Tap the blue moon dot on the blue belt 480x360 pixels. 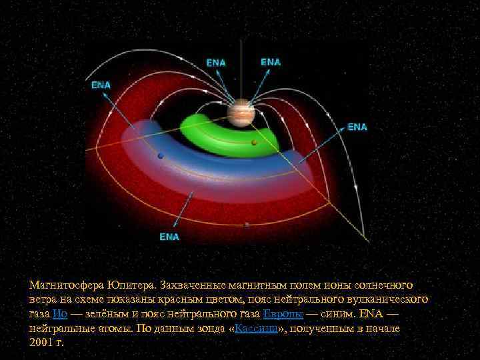tap(160, 156)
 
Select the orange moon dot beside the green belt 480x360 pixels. tap(254, 143)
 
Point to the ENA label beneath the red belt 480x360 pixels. tap(169, 236)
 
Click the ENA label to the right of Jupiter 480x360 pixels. tap(357, 127)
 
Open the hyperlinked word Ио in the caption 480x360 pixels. tap(59, 314)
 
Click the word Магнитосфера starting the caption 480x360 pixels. tap(66, 285)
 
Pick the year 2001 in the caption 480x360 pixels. tap(42, 343)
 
